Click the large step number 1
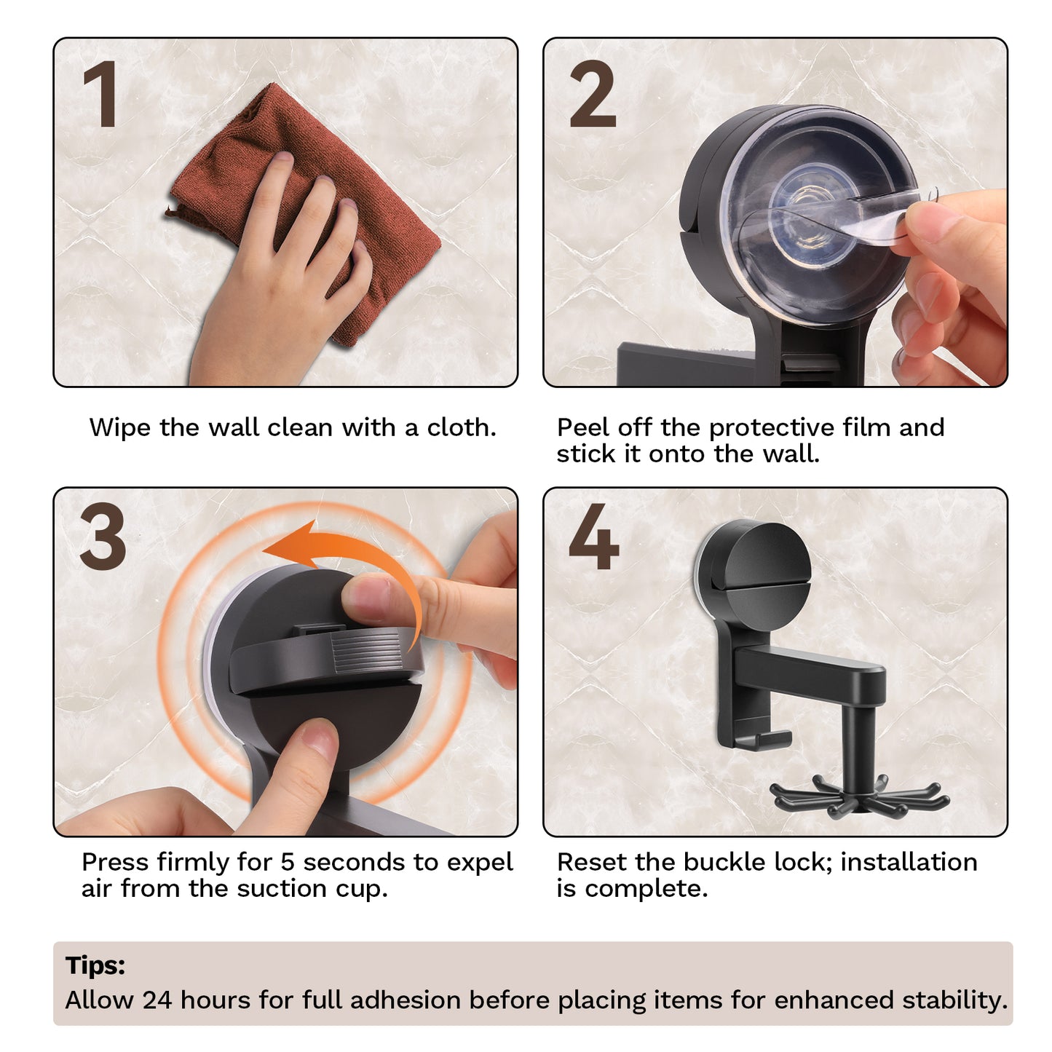coord(100,95)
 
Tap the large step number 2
coord(593,95)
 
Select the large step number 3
coord(103,537)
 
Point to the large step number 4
coord(593,537)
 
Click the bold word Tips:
coord(95,965)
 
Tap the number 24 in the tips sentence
coord(157,1000)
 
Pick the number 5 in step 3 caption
coord(288,862)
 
